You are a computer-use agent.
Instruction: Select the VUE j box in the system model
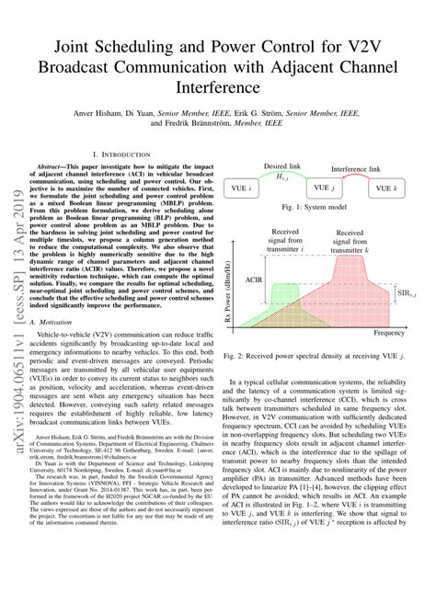coord(321,188)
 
